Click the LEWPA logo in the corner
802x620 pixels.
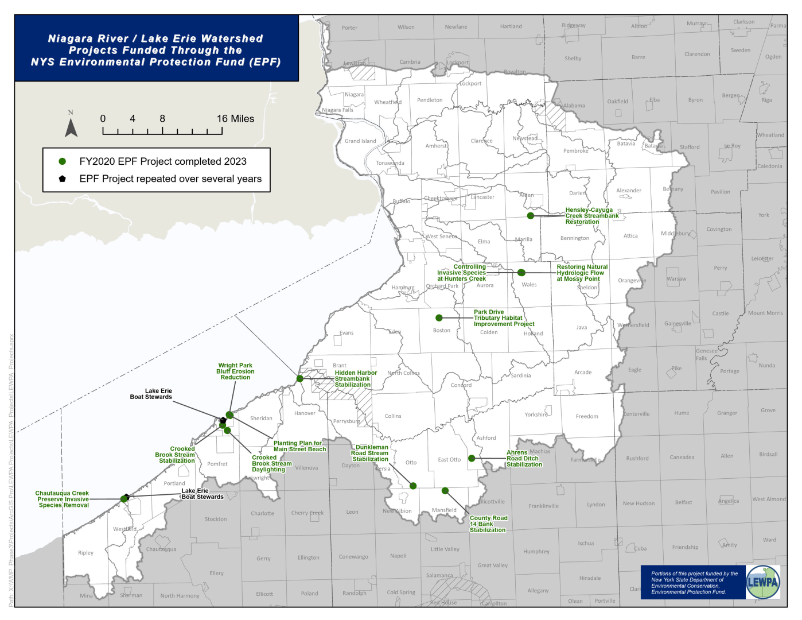(x=763, y=582)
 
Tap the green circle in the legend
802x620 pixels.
(x=63, y=161)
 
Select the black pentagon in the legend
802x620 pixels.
(x=63, y=179)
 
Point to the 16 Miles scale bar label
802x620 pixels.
(x=235, y=119)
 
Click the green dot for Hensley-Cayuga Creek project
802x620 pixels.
(x=531, y=216)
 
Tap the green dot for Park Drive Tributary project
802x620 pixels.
(x=439, y=317)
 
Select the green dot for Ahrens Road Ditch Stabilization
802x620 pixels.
(x=472, y=458)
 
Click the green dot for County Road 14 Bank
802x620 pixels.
(x=445, y=490)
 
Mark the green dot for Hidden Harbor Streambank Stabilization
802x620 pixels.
(x=299, y=378)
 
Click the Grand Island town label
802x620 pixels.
(x=360, y=141)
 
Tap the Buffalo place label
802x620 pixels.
(x=402, y=201)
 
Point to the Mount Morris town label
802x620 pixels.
(x=765, y=313)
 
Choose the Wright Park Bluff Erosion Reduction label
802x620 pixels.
(x=235, y=371)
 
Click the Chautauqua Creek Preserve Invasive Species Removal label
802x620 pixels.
(x=63, y=499)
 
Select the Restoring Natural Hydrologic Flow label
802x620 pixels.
(x=582, y=273)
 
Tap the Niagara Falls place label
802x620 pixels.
(x=337, y=110)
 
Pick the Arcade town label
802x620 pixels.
(x=583, y=373)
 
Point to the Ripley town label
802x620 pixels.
(x=85, y=553)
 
